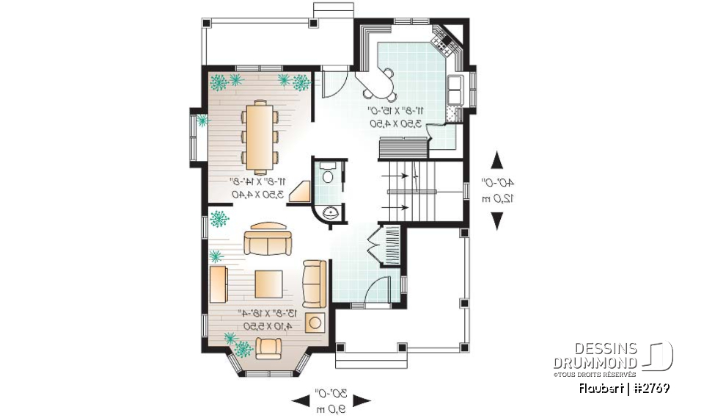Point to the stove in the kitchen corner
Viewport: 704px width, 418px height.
click(446, 40)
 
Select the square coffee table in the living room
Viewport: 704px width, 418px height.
click(269, 284)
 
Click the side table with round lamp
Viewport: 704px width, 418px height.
click(316, 322)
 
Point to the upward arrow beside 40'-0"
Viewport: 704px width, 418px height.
click(497, 160)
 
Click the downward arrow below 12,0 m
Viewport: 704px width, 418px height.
click(497, 220)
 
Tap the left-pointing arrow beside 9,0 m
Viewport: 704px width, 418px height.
click(301, 400)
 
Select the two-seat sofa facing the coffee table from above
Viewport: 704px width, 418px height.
click(268, 240)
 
